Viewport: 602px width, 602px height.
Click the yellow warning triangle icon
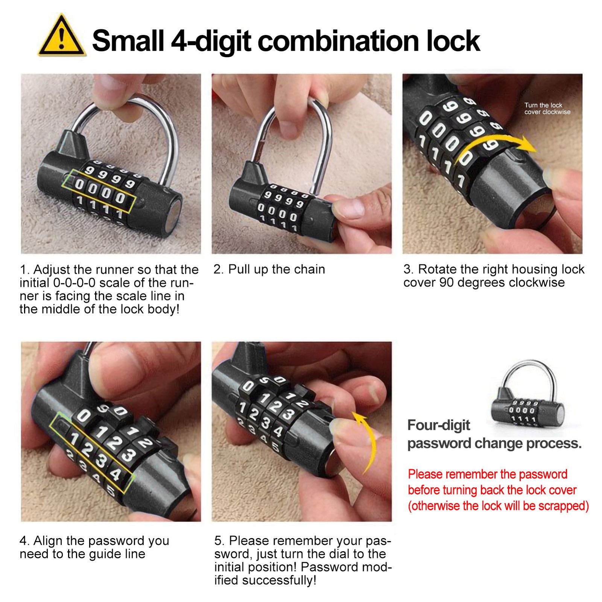[x=61, y=37]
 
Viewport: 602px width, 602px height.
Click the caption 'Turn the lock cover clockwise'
[x=547, y=108]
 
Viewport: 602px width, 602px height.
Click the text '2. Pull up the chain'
[x=269, y=269]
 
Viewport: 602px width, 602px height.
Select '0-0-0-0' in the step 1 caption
[x=74, y=283]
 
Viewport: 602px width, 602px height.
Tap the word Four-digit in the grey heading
[x=439, y=425]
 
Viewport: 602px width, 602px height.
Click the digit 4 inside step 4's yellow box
[x=116, y=473]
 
